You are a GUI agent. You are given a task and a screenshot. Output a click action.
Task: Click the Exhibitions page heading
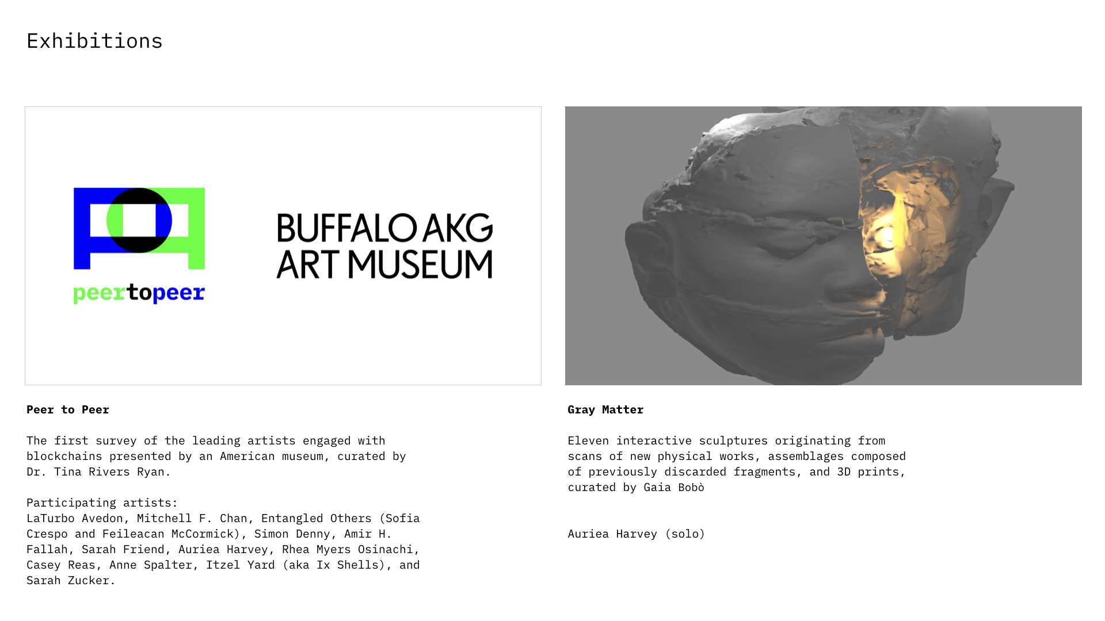pyautogui.click(x=94, y=41)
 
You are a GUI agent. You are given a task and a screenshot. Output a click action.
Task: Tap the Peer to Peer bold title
pyautogui.click(x=68, y=409)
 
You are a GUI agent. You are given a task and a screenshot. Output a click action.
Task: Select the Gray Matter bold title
pyautogui.click(x=605, y=409)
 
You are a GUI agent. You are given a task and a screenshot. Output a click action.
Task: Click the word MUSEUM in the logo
pyautogui.click(x=420, y=264)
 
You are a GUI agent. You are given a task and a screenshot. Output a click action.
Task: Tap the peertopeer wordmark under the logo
pyautogui.click(x=139, y=293)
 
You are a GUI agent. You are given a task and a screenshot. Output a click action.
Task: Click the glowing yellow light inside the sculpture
pyautogui.click(x=889, y=233)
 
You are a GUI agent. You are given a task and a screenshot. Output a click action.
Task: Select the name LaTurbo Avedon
pyautogui.click(x=75, y=518)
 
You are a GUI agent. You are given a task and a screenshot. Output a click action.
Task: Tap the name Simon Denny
pyautogui.click(x=292, y=534)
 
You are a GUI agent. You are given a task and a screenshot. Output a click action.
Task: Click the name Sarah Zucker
pyautogui.click(x=68, y=580)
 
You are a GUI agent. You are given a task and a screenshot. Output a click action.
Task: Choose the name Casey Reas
pyautogui.click(x=61, y=565)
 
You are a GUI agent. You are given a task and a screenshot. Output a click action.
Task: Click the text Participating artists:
pyautogui.click(x=102, y=503)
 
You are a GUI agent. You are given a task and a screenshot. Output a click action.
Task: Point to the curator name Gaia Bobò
pyautogui.click(x=674, y=487)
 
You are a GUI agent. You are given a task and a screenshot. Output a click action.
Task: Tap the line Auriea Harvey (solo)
pyautogui.click(x=637, y=534)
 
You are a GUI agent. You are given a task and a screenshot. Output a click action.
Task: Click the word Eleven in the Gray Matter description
pyautogui.click(x=588, y=440)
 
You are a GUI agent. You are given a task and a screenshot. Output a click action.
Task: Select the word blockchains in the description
pyautogui.click(x=64, y=456)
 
